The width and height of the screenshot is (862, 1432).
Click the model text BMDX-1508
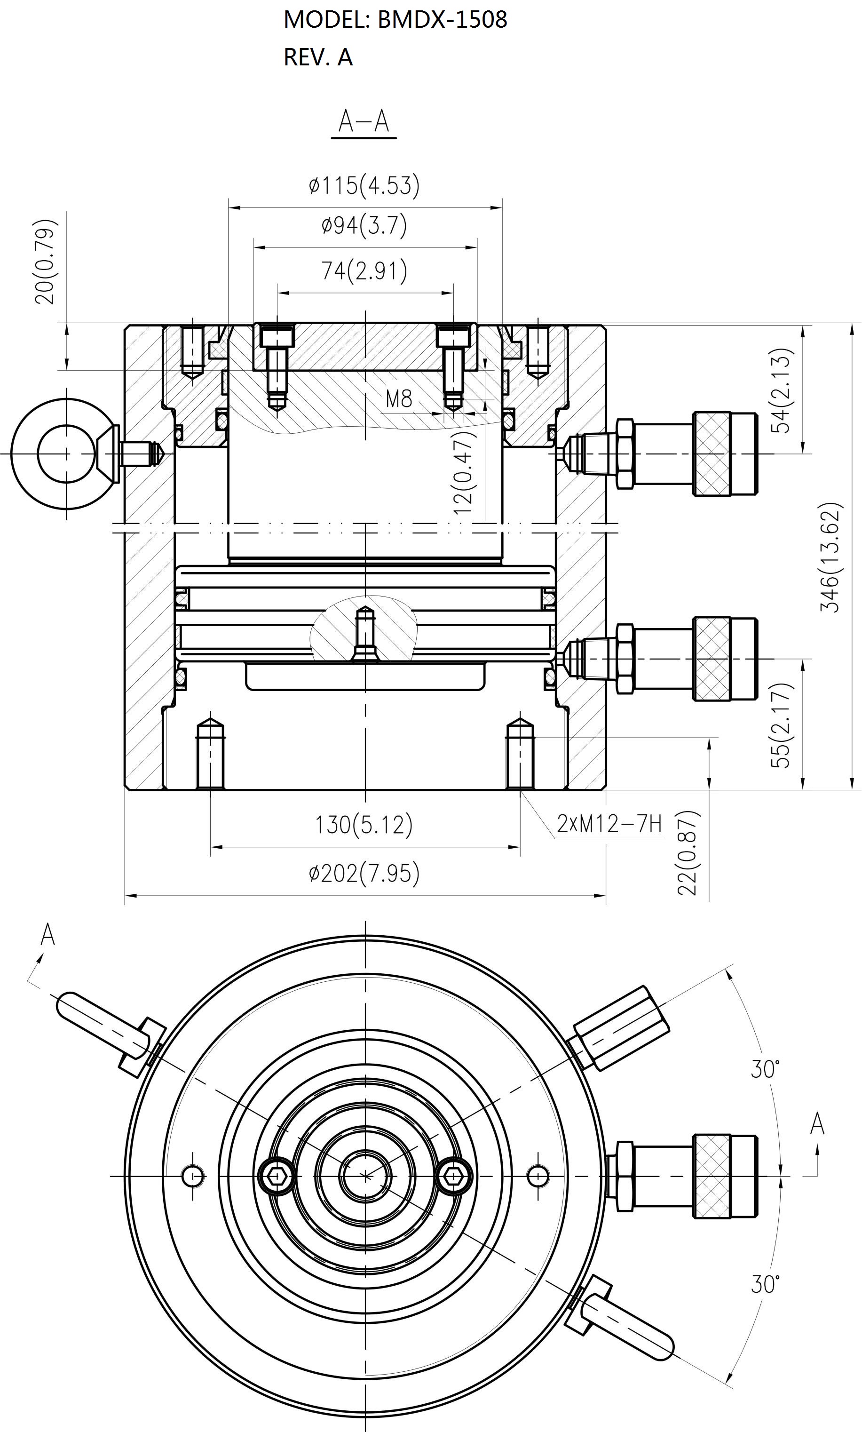click(443, 20)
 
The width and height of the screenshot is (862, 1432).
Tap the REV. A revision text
click(318, 57)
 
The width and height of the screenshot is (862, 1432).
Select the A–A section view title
click(364, 121)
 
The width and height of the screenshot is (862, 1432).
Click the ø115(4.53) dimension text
click(364, 185)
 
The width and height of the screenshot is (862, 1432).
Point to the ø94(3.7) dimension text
click(364, 225)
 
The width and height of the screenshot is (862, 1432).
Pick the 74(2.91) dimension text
click(364, 270)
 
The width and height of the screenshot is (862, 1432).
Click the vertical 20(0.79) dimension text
click(45, 262)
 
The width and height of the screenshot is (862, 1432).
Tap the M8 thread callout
click(399, 398)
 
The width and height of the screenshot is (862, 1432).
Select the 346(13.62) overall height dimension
click(830, 557)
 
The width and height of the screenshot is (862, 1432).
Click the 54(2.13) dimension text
click(782, 390)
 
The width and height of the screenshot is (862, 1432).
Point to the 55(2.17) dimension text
click(782, 725)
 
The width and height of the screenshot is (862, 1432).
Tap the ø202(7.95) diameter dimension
click(364, 873)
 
